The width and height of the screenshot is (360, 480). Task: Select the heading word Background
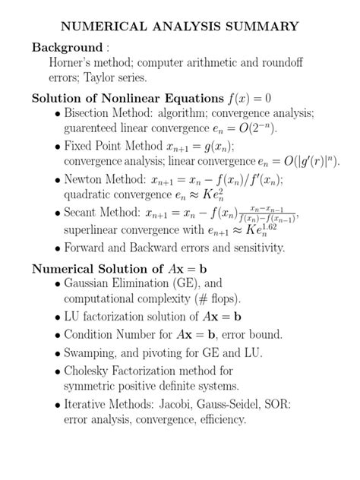pos(67,47)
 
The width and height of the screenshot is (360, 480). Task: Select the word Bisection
pos(92,113)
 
